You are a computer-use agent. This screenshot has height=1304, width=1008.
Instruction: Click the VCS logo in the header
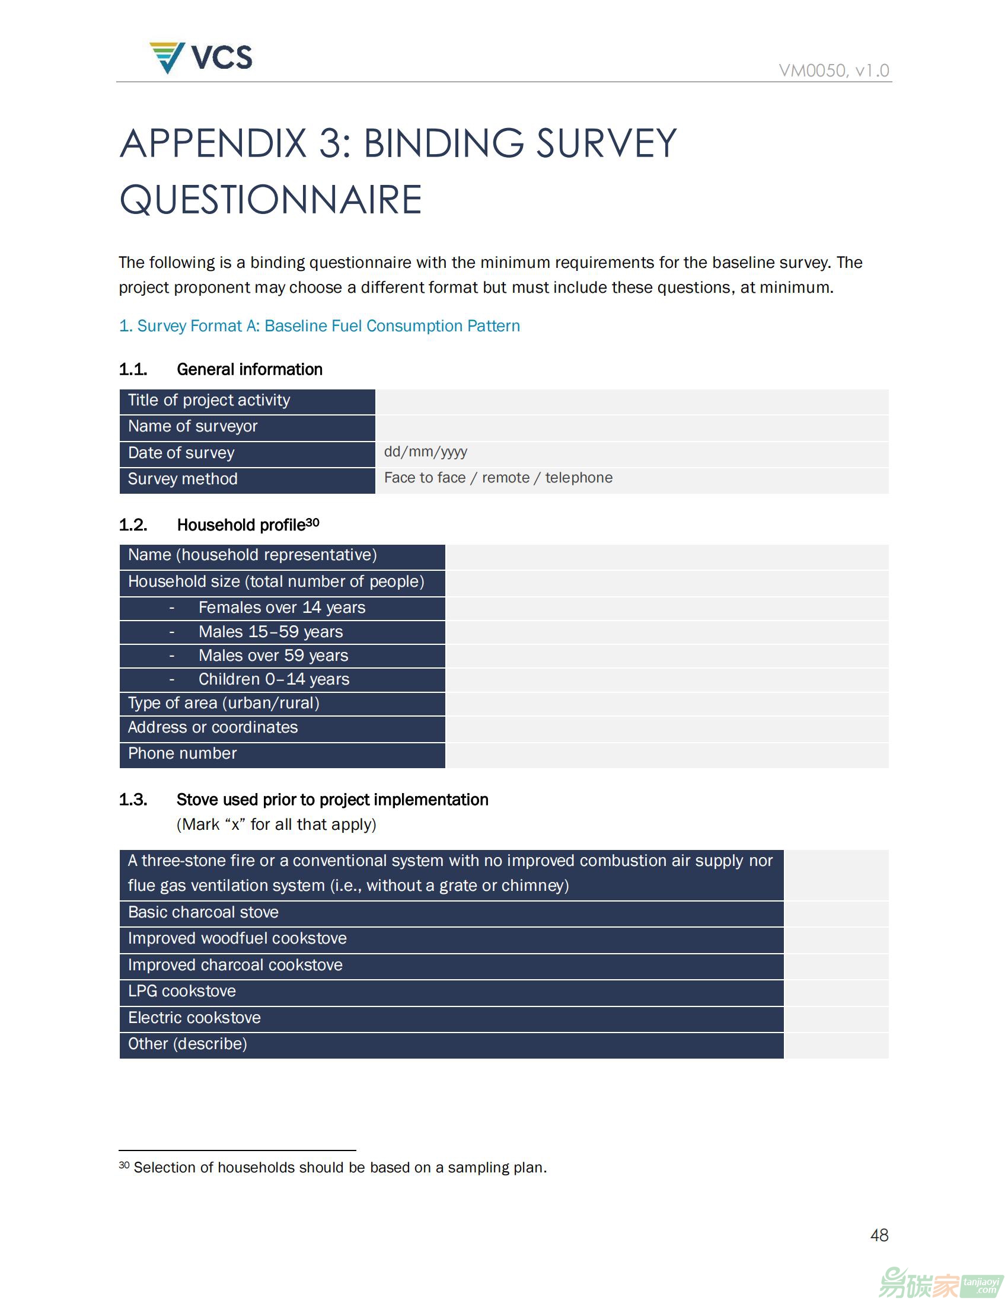click(x=200, y=58)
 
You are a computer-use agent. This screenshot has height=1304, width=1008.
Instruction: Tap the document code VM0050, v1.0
click(x=834, y=71)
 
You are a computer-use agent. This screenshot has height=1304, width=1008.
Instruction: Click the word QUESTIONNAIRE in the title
click(x=271, y=199)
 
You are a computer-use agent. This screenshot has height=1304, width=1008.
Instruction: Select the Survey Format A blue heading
click(x=320, y=326)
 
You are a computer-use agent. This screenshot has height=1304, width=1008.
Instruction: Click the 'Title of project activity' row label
click(x=209, y=400)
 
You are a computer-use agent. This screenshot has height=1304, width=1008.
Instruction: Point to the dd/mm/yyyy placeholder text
click(x=425, y=452)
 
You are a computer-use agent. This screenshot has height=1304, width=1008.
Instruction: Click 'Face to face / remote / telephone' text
click(x=498, y=478)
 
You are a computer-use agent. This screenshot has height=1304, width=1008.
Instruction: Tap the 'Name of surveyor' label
click(x=192, y=426)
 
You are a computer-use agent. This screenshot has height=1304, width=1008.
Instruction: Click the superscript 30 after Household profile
click(x=312, y=522)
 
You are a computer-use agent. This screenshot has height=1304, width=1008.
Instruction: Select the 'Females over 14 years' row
click(x=281, y=608)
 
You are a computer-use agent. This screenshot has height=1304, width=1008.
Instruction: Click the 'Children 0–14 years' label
click(x=273, y=679)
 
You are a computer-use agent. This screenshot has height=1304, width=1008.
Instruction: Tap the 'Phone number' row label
click(x=182, y=753)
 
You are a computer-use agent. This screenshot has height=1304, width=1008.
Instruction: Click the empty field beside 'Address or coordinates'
click(x=666, y=728)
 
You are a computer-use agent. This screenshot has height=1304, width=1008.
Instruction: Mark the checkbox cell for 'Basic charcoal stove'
click(x=836, y=913)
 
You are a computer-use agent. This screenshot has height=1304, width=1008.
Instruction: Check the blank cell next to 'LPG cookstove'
click(x=836, y=992)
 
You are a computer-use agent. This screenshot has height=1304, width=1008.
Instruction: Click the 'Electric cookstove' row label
click(x=194, y=1018)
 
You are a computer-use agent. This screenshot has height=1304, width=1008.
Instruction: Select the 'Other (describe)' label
click(x=187, y=1044)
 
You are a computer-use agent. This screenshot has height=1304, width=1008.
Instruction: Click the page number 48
click(x=879, y=1235)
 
